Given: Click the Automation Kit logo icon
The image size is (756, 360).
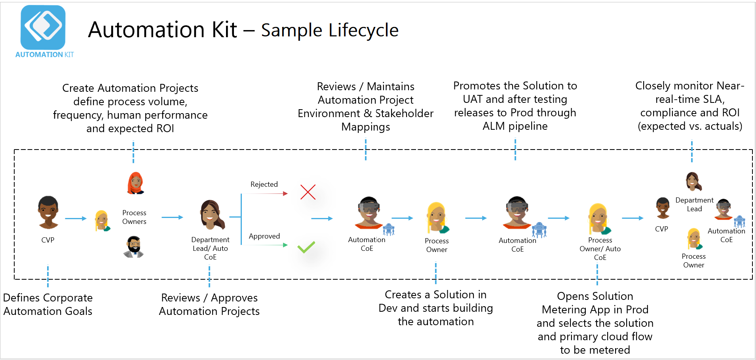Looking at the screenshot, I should (43, 27).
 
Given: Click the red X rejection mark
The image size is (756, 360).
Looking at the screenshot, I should (308, 192).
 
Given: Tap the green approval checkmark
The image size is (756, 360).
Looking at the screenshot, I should (306, 247).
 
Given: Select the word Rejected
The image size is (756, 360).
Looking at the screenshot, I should (264, 184).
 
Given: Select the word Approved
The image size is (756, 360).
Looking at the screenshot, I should (264, 236).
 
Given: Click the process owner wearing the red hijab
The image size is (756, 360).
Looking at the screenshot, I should (135, 183).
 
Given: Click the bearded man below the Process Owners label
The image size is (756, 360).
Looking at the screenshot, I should (134, 247).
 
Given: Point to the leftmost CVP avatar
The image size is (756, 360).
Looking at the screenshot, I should (48, 212).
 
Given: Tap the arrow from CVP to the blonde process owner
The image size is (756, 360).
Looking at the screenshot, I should (76, 218).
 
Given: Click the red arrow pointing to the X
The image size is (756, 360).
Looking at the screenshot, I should (265, 193).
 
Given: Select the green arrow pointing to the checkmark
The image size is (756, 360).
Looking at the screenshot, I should (265, 245).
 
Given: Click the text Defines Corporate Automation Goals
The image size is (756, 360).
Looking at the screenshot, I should (48, 304).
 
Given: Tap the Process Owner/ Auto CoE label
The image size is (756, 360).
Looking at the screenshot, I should (600, 248).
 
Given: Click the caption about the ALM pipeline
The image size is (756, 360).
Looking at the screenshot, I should (515, 106).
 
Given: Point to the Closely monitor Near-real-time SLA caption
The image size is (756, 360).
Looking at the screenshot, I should (690, 106).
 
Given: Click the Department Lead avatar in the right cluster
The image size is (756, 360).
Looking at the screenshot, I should (693, 182).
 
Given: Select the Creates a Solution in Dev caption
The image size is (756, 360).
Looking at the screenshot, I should (435, 308).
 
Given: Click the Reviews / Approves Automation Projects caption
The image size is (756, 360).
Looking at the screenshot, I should (209, 304).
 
